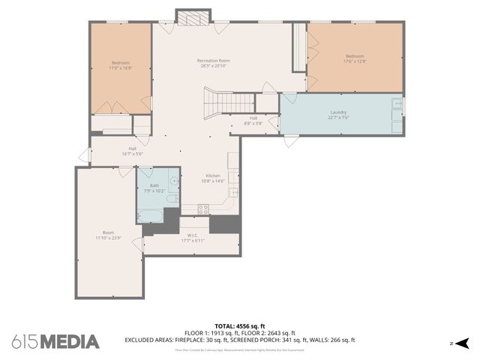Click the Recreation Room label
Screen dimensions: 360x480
click(x=214, y=63)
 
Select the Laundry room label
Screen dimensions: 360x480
click(x=338, y=115)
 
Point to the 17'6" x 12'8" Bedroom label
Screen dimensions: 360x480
click(x=355, y=58)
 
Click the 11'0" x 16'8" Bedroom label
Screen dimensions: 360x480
click(x=121, y=64)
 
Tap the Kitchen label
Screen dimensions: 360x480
click(x=213, y=178)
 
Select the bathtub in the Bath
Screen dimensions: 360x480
click(x=150, y=216)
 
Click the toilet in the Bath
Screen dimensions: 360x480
click(x=171, y=199)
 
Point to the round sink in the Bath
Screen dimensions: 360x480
click(x=173, y=181)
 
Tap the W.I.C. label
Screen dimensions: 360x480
click(x=192, y=238)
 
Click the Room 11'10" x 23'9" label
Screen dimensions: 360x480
click(x=108, y=235)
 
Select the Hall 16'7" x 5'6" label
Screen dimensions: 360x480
click(x=132, y=151)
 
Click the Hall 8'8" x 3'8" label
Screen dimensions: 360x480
click(x=253, y=121)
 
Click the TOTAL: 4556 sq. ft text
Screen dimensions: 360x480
click(x=239, y=325)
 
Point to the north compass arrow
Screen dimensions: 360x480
click(x=462, y=343)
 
